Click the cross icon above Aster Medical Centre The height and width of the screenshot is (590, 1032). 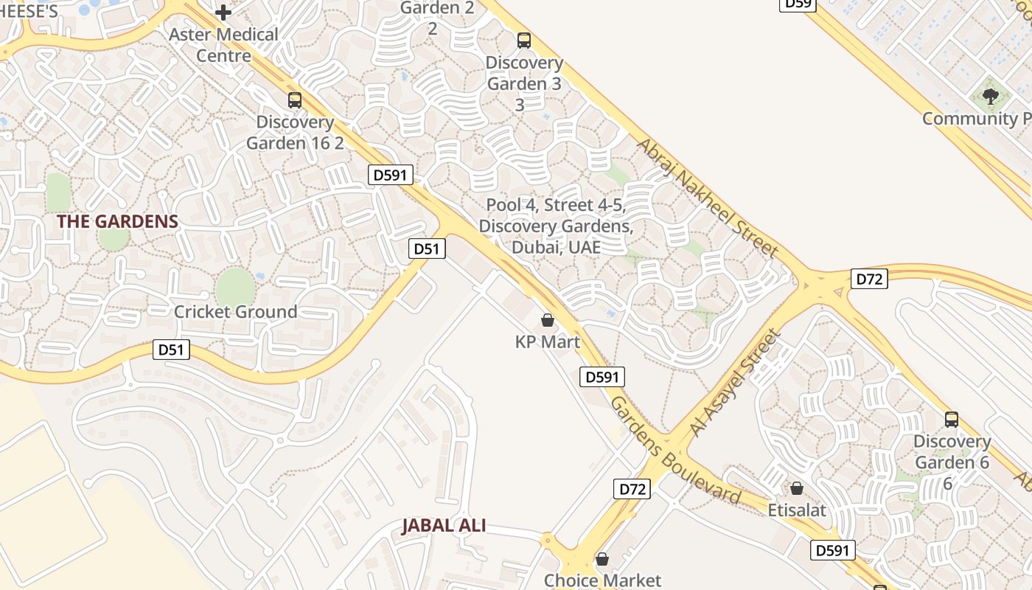(x=223, y=12)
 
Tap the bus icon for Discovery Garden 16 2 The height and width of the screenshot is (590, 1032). (x=295, y=100)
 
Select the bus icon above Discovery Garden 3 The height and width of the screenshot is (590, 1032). (x=524, y=41)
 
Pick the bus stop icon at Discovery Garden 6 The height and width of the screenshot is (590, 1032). (x=952, y=420)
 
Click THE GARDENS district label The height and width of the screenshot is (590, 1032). (x=118, y=221)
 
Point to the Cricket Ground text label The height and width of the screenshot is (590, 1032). (x=235, y=312)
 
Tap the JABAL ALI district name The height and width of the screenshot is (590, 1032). (x=444, y=526)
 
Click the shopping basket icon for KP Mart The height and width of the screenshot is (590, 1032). (x=547, y=320)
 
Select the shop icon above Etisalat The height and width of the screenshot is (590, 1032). (x=796, y=488)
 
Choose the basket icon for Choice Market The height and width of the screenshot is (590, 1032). (x=602, y=559)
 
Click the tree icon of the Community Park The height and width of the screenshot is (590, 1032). (x=991, y=96)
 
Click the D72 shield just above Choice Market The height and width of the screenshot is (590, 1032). (x=632, y=488)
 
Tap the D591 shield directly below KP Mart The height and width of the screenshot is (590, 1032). (x=602, y=377)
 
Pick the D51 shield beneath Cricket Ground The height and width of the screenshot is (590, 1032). (x=171, y=350)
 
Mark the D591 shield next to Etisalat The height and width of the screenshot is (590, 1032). (x=834, y=549)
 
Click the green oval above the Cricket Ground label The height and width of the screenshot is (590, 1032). (x=235, y=286)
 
